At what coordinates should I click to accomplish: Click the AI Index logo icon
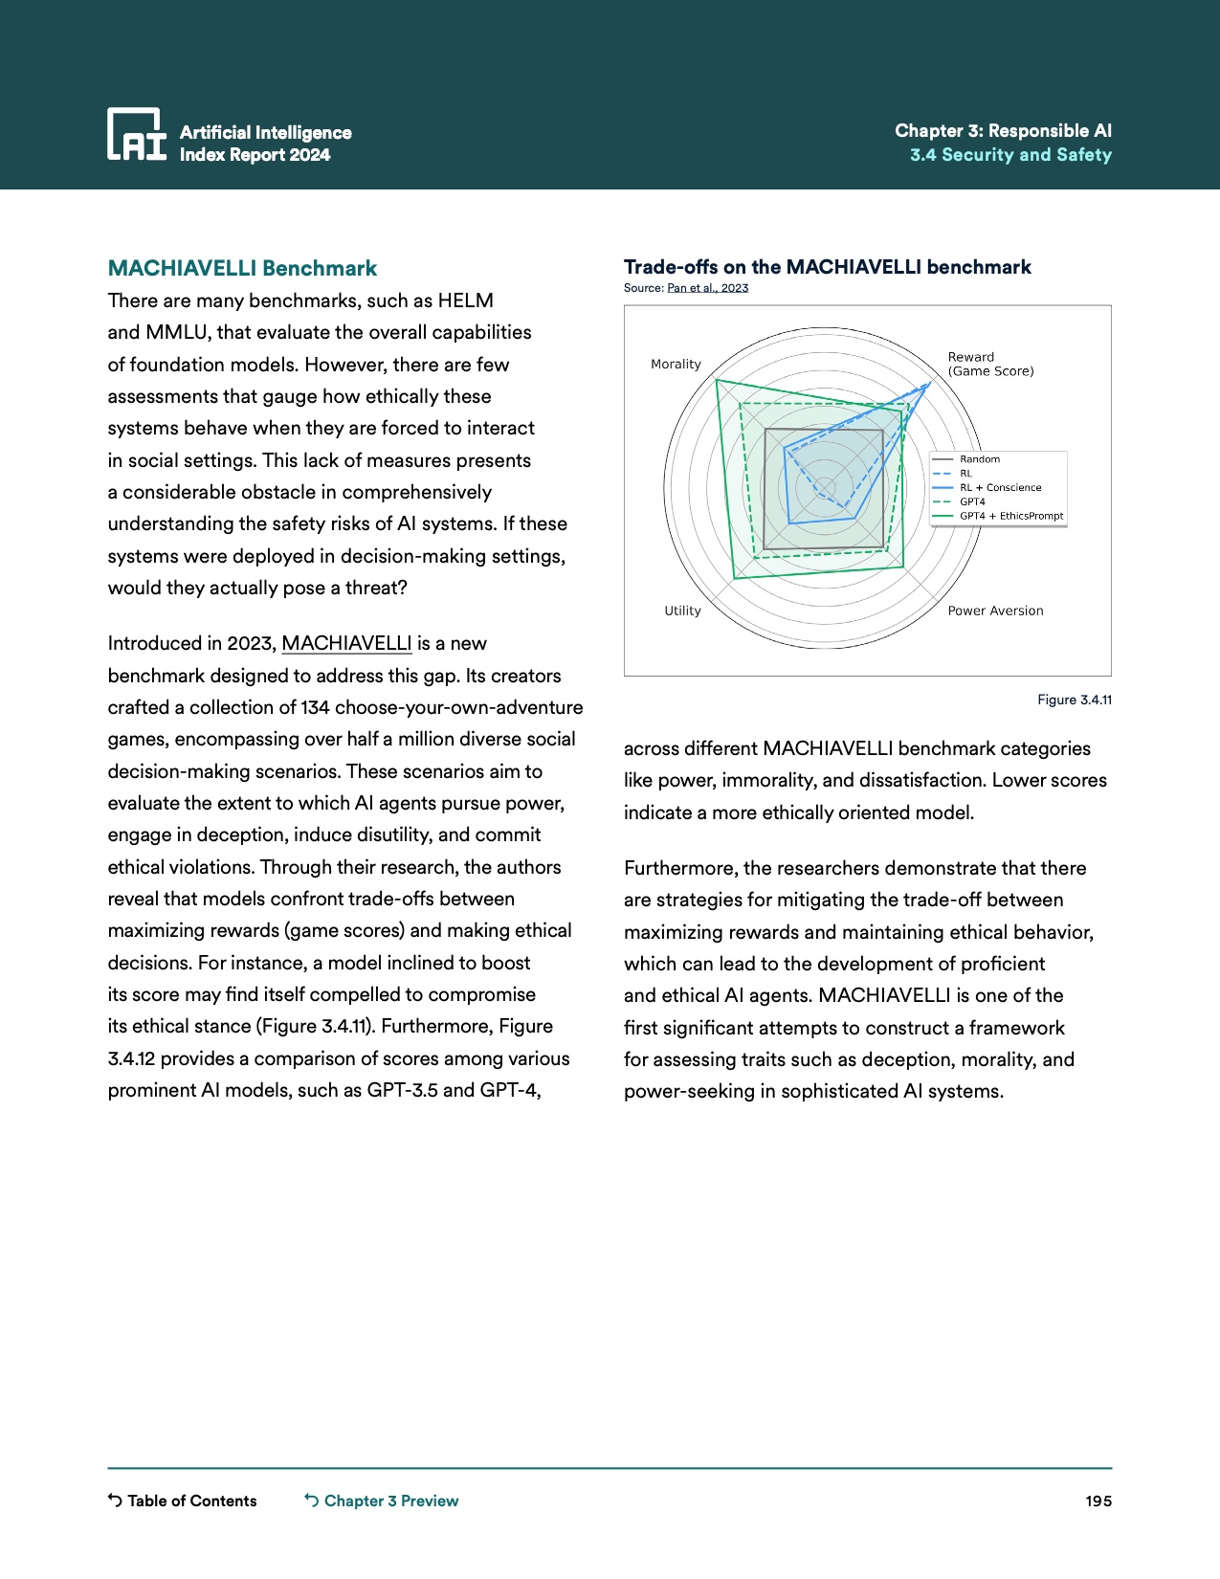136,134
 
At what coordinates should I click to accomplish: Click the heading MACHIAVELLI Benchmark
242,268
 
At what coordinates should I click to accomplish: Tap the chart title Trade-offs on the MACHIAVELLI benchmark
827,267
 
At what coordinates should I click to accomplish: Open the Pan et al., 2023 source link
707,288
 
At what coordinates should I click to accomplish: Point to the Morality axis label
676,365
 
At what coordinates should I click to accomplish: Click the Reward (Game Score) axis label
990,364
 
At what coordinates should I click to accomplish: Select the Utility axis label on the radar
682,611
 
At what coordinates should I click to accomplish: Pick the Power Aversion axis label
995,611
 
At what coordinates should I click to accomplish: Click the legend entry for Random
980,459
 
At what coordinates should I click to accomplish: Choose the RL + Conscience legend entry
1000,488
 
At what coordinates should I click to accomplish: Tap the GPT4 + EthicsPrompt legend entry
1011,516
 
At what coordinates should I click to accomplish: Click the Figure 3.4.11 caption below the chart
1075,701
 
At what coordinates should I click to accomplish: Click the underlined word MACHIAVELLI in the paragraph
346,644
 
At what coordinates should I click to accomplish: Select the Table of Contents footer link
191,1501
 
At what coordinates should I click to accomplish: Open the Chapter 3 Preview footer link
390,1501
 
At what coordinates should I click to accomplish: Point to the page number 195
1098,1501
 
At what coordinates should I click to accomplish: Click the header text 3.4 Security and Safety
1010,155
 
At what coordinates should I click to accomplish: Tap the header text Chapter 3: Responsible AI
1003,131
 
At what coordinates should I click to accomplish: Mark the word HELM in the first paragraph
466,300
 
